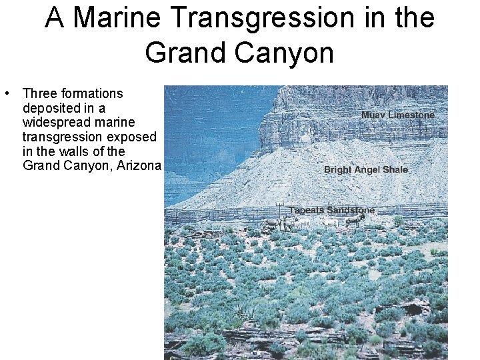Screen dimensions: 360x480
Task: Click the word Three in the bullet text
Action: pyautogui.click(x=40, y=93)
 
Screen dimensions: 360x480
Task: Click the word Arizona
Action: pyautogui.click(x=139, y=165)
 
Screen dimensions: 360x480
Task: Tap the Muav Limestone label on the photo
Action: pyautogui.click(x=397, y=115)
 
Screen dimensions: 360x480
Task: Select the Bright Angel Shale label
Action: pyautogui.click(x=365, y=170)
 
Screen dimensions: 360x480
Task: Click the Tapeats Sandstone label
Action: pyautogui.click(x=331, y=211)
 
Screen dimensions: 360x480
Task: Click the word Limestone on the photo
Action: pyautogui.click(x=411, y=115)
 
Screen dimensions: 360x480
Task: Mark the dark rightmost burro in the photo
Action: pyautogui.click(x=353, y=222)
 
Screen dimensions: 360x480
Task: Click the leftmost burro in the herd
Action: pyautogui.click(x=271, y=224)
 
